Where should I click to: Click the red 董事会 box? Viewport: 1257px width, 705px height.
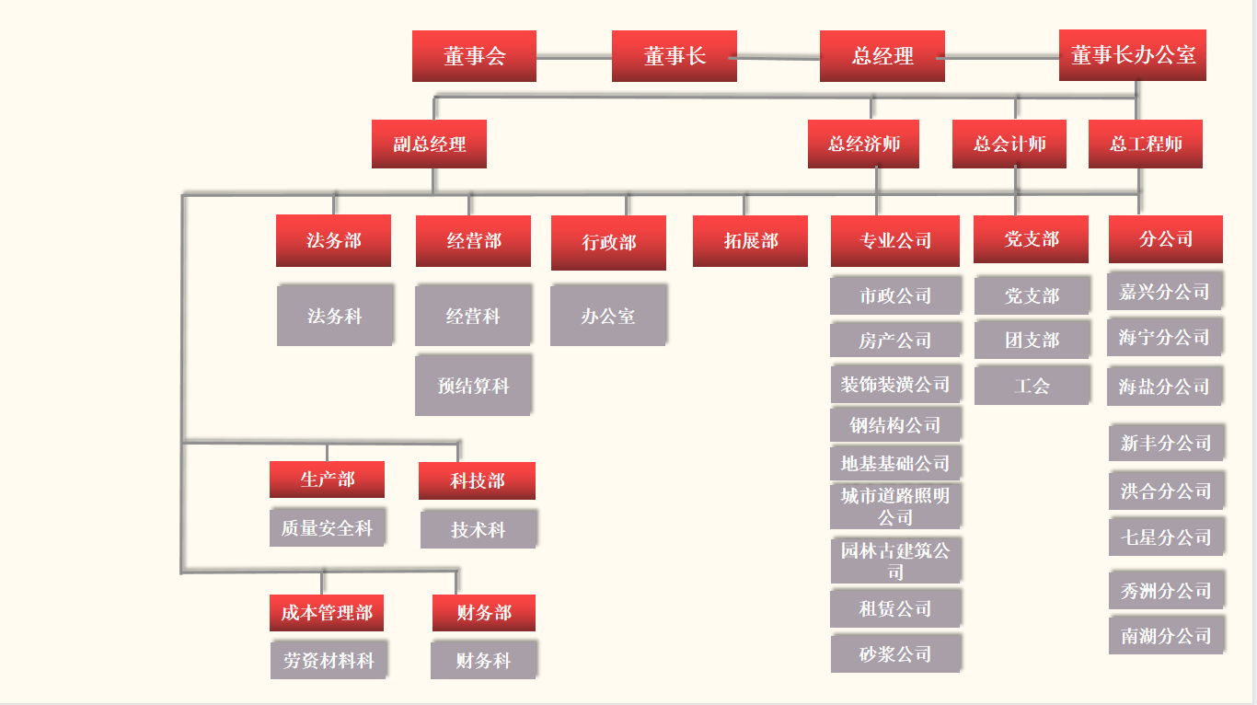pyautogui.click(x=474, y=56)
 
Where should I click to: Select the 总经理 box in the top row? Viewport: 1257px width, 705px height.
pyautogui.click(x=882, y=56)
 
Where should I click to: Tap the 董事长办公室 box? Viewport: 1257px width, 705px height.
pyautogui.click(x=1133, y=55)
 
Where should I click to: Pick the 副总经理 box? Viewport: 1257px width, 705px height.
pyautogui.click(x=429, y=144)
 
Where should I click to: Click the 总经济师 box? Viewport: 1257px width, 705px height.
pyautogui.click(x=863, y=144)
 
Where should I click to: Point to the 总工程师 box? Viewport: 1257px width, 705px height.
pyautogui.click(x=1146, y=144)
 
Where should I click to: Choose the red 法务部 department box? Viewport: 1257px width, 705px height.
pyautogui.click(x=333, y=241)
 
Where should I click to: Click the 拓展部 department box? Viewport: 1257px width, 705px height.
pyautogui.click(x=750, y=241)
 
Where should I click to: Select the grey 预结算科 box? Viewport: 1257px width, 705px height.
pyautogui.click(x=473, y=386)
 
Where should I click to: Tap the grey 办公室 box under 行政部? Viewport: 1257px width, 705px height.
pyautogui.click(x=608, y=316)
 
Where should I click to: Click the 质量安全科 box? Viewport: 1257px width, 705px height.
pyautogui.click(x=327, y=528)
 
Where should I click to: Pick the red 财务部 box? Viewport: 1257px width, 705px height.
pyautogui.click(x=483, y=613)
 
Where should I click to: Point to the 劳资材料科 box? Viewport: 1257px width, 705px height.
pyautogui.click(x=329, y=661)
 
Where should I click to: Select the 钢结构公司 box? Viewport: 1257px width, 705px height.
pyautogui.click(x=895, y=425)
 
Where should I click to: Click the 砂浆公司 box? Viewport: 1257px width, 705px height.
pyautogui.click(x=895, y=654)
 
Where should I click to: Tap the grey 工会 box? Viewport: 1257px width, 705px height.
pyautogui.click(x=1032, y=386)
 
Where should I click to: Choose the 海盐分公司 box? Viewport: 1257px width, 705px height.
pyautogui.click(x=1164, y=387)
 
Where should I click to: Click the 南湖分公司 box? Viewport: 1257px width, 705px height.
pyautogui.click(x=1166, y=636)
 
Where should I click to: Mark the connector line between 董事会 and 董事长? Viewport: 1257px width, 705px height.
pyautogui.click(x=573, y=57)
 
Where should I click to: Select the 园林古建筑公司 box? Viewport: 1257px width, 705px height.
pyautogui.click(x=895, y=561)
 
